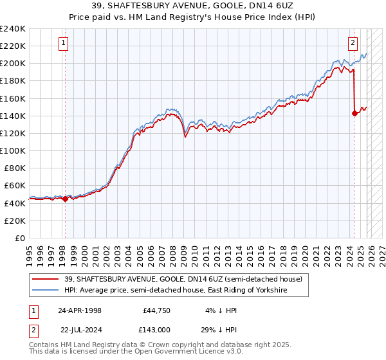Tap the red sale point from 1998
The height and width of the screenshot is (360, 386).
pos(65,199)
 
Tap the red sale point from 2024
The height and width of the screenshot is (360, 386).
pos(354,113)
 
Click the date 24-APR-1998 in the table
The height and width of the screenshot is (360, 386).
pos(79,310)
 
